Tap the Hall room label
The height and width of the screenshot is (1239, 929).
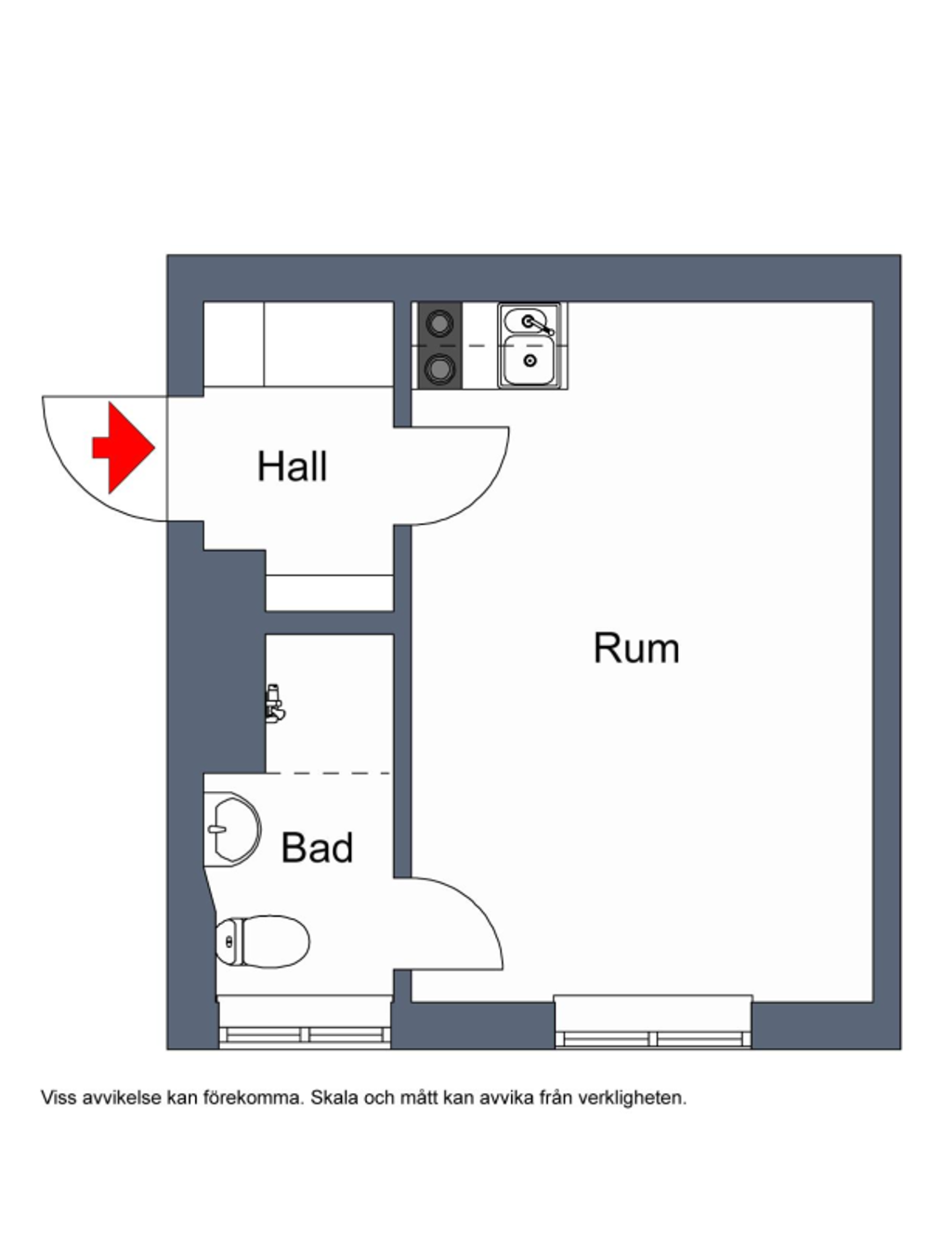(x=292, y=467)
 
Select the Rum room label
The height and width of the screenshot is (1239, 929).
(x=636, y=648)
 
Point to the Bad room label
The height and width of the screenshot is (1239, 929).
(x=317, y=848)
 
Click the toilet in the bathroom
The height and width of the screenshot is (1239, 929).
(x=263, y=941)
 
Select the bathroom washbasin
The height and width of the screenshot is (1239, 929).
(x=232, y=829)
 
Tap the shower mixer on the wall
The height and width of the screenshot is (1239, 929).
(x=275, y=703)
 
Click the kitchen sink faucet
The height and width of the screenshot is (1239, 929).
(x=539, y=325)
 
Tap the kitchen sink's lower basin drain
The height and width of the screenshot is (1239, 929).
(x=530, y=360)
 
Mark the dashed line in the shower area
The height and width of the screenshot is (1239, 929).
(x=328, y=772)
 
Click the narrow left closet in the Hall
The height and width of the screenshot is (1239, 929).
(x=234, y=344)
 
